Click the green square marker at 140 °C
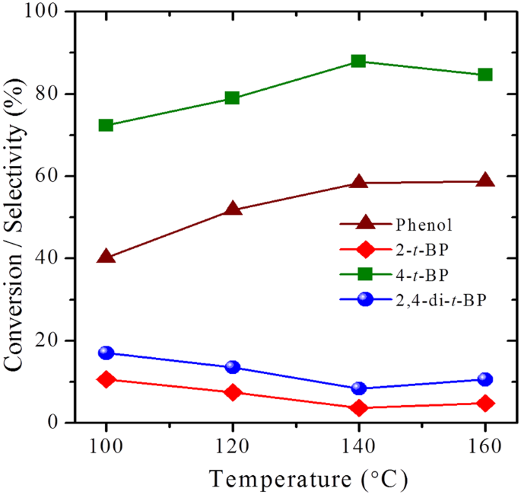tap(359, 61)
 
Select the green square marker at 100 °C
tap(106, 125)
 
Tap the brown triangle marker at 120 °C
tap(233, 208)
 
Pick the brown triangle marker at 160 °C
tap(485, 180)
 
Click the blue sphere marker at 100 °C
tap(106, 353)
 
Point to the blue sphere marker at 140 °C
tap(359, 388)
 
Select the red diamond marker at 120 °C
tap(233, 392)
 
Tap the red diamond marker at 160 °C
tap(485, 403)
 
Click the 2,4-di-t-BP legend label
tap(440, 299)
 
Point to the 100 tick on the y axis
tap(48, 13)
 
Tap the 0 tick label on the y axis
tap(59, 423)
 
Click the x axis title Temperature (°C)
tap(309, 479)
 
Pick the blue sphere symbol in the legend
tap(365, 299)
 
